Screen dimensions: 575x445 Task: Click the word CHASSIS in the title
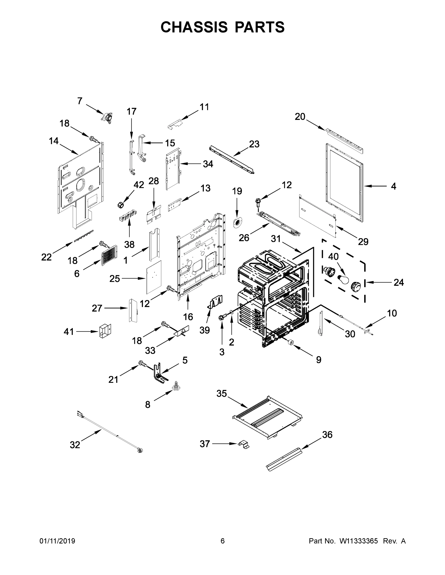(194, 27)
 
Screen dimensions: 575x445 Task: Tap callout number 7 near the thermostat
(80, 101)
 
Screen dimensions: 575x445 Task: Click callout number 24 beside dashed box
(399, 282)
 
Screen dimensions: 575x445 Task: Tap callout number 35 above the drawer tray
(221, 401)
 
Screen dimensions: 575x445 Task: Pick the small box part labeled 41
(105, 331)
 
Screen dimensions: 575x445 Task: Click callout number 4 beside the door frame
(393, 186)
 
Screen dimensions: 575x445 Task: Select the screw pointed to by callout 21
(142, 364)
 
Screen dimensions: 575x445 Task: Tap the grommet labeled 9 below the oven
(291, 342)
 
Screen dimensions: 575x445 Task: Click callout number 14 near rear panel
(53, 141)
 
